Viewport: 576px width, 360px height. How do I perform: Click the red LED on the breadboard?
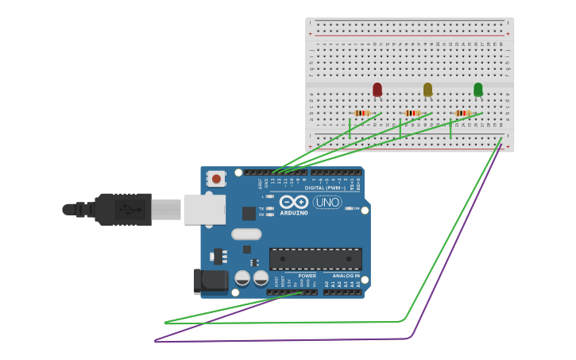point(377,89)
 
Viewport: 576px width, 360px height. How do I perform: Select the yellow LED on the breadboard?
point(427,89)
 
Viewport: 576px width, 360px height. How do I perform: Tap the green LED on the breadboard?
point(477,89)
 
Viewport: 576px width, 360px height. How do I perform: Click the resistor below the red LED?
point(362,114)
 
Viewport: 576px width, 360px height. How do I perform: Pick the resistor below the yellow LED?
point(412,114)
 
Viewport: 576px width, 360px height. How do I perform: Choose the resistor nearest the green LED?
point(463,114)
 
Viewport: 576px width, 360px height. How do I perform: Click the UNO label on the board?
point(327,203)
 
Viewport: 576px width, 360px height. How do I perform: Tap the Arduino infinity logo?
point(293,202)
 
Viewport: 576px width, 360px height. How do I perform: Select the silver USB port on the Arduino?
point(205,209)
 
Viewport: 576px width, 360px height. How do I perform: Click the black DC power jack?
point(211,281)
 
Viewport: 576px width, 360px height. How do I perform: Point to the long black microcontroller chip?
point(315,258)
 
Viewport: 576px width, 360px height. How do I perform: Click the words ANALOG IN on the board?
point(341,276)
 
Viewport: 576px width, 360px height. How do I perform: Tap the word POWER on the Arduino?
point(307,276)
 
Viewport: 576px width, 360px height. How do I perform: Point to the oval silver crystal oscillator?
point(246,234)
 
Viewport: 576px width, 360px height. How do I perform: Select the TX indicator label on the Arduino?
point(261,208)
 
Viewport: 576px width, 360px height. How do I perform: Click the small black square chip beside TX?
point(249,213)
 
